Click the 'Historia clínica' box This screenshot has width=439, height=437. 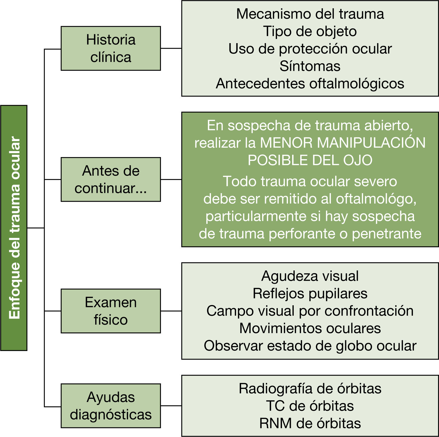pyautogui.click(x=111, y=48)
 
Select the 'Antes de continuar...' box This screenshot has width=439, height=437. pyautogui.click(x=111, y=180)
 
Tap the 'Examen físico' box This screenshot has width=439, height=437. pyautogui.click(x=111, y=311)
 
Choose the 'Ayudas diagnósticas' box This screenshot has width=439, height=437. pyautogui.click(x=111, y=406)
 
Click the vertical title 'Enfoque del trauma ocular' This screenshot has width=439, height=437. pyautogui.click(x=14, y=228)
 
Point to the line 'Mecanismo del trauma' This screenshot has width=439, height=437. pyautogui.click(x=310, y=14)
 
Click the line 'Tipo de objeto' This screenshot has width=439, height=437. pyautogui.click(x=310, y=31)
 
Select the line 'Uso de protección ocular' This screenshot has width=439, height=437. pyautogui.click(x=310, y=49)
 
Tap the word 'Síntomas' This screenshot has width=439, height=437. pyautogui.click(x=310, y=66)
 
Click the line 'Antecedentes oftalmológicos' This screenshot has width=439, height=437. pyautogui.click(x=310, y=84)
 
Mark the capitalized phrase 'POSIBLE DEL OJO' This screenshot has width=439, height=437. pyautogui.click(x=310, y=160)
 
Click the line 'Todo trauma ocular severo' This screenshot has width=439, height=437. pyautogui.click(x=310, y=181)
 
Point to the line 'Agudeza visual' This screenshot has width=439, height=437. pyautogui.click(x=310, y=276)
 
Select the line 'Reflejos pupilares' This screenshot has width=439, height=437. pyautogui.click(x=310, y=294)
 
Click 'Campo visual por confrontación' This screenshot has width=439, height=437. pyautogui.click(x=310, y=311)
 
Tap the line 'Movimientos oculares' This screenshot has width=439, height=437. pyautogui.click(x=310, y=328)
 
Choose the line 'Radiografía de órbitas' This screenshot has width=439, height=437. pyautogui.click(x=310, y=389)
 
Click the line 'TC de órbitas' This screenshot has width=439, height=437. pyautogui.click(x=310, y=406)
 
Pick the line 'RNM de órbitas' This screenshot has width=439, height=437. pyautogui.click(x=310, y=423)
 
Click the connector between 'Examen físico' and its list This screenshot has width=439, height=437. pyautogui.click(x=171, y=311)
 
